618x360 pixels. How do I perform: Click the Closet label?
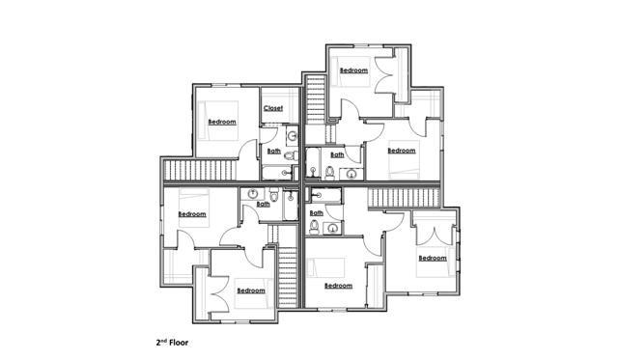[273, 108]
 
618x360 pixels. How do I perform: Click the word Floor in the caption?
[179, 343]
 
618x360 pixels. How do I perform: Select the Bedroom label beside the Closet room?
[222, 122]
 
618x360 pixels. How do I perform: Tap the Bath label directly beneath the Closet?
[274, 151]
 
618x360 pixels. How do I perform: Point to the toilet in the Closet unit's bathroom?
[292, 156]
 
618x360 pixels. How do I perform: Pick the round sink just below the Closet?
[293, 137]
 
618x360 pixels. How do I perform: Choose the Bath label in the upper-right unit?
[337, 154]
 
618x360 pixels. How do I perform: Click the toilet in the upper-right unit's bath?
[330, 173]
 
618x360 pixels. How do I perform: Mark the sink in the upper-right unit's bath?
[351, 174]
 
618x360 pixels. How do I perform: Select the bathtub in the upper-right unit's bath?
[313, 164]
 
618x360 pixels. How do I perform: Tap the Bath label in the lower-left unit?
[263, 204]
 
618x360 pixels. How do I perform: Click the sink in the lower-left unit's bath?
[252, 194]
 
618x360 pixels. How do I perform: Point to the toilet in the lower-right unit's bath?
[314, 227]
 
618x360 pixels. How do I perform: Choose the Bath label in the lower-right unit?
[317, 212]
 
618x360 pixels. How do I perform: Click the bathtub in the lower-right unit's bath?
[324, 195]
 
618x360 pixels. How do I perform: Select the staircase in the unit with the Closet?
[200, 170]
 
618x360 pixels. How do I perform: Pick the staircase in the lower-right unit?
[404, 197]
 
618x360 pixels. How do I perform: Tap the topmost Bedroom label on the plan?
[354, 70]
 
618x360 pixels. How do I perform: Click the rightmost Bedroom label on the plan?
[433, 258]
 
